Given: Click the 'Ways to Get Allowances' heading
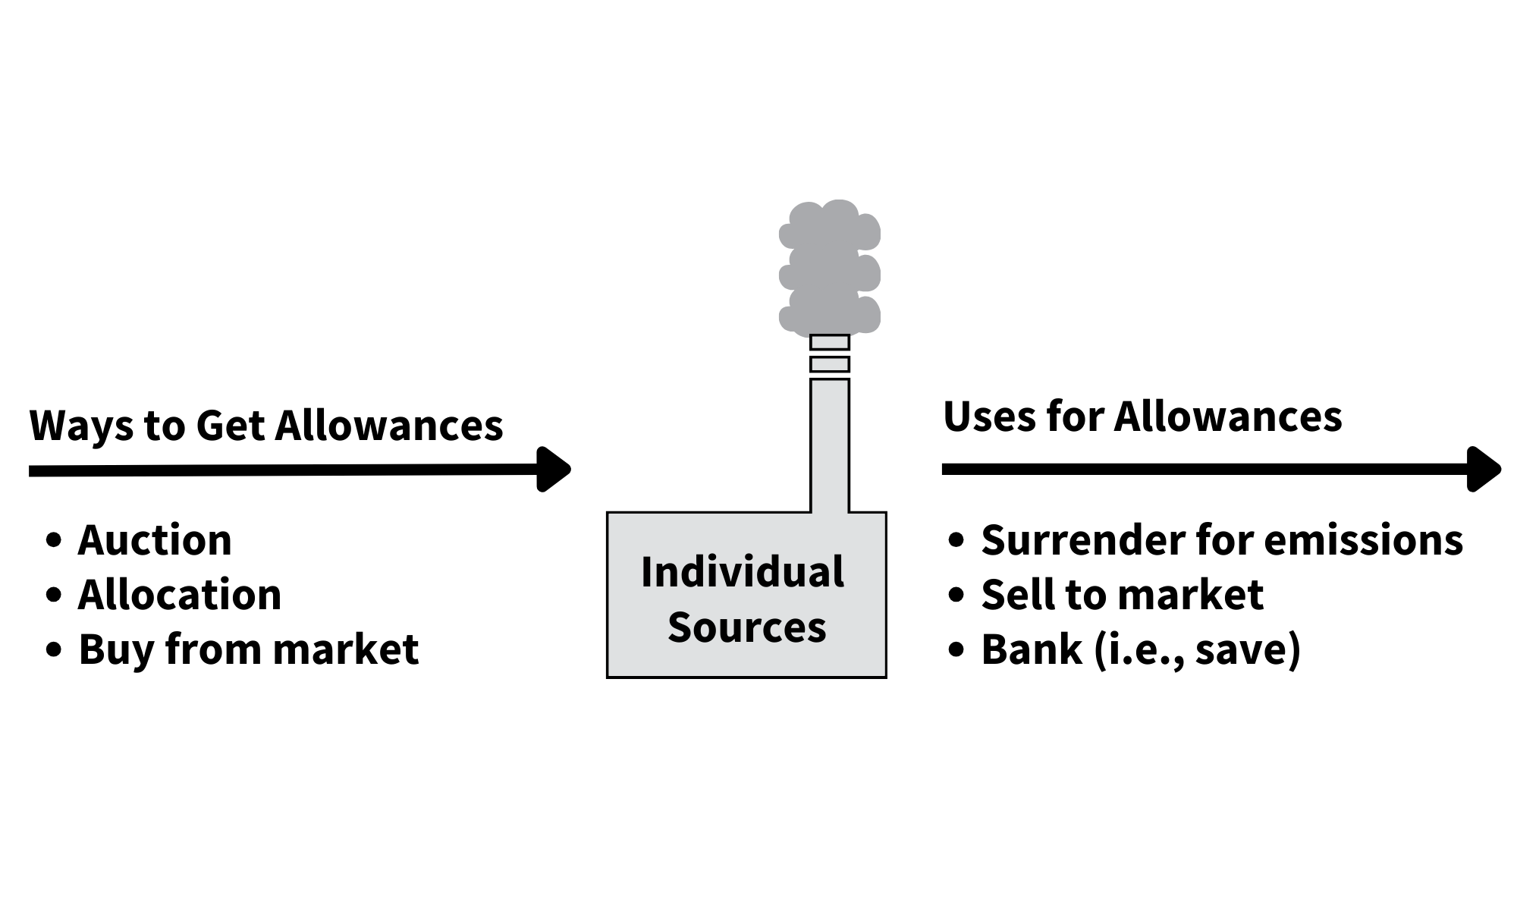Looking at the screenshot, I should pyautogui.click(x=265, y=425).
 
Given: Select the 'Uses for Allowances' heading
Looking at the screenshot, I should pyautogui.click(x=1142, y=417).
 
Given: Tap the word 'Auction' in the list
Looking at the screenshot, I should pyautogui.click(x=155, y=540).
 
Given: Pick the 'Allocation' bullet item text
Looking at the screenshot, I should pyautogui.click(x=180, y=595).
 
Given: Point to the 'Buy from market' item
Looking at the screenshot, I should pyautogui.click(x=248, y=649).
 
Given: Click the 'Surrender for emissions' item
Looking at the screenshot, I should pyautogui.click(x=1222, y=540).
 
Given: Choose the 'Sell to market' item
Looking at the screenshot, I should pyautogui.click(x=1122, y=595).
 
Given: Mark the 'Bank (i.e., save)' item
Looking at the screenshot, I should pyautogui.click(x=1141, y=649).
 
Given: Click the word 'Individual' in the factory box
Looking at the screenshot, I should pyautogui.click(x=742, y=572).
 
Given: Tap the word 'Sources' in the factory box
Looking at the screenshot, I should pyautogui.click(x=746, y=627).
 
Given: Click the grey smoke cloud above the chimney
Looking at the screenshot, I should pyautogui.click(x=830, y=267).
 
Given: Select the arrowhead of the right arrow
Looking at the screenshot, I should pyautogui.click(x=1484, y=470).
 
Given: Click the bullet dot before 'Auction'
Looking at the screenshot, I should pyautogui.click(x=53, y=541).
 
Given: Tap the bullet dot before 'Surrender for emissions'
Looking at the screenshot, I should pyautogui.click(x=956, y=541).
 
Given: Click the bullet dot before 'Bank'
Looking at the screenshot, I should pyautogui.click(x=956, y=650).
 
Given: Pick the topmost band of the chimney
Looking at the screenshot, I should pyautogui.click(x=830, y=342).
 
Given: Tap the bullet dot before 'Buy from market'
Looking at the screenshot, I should pyautogui.click(x=53, y=650).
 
